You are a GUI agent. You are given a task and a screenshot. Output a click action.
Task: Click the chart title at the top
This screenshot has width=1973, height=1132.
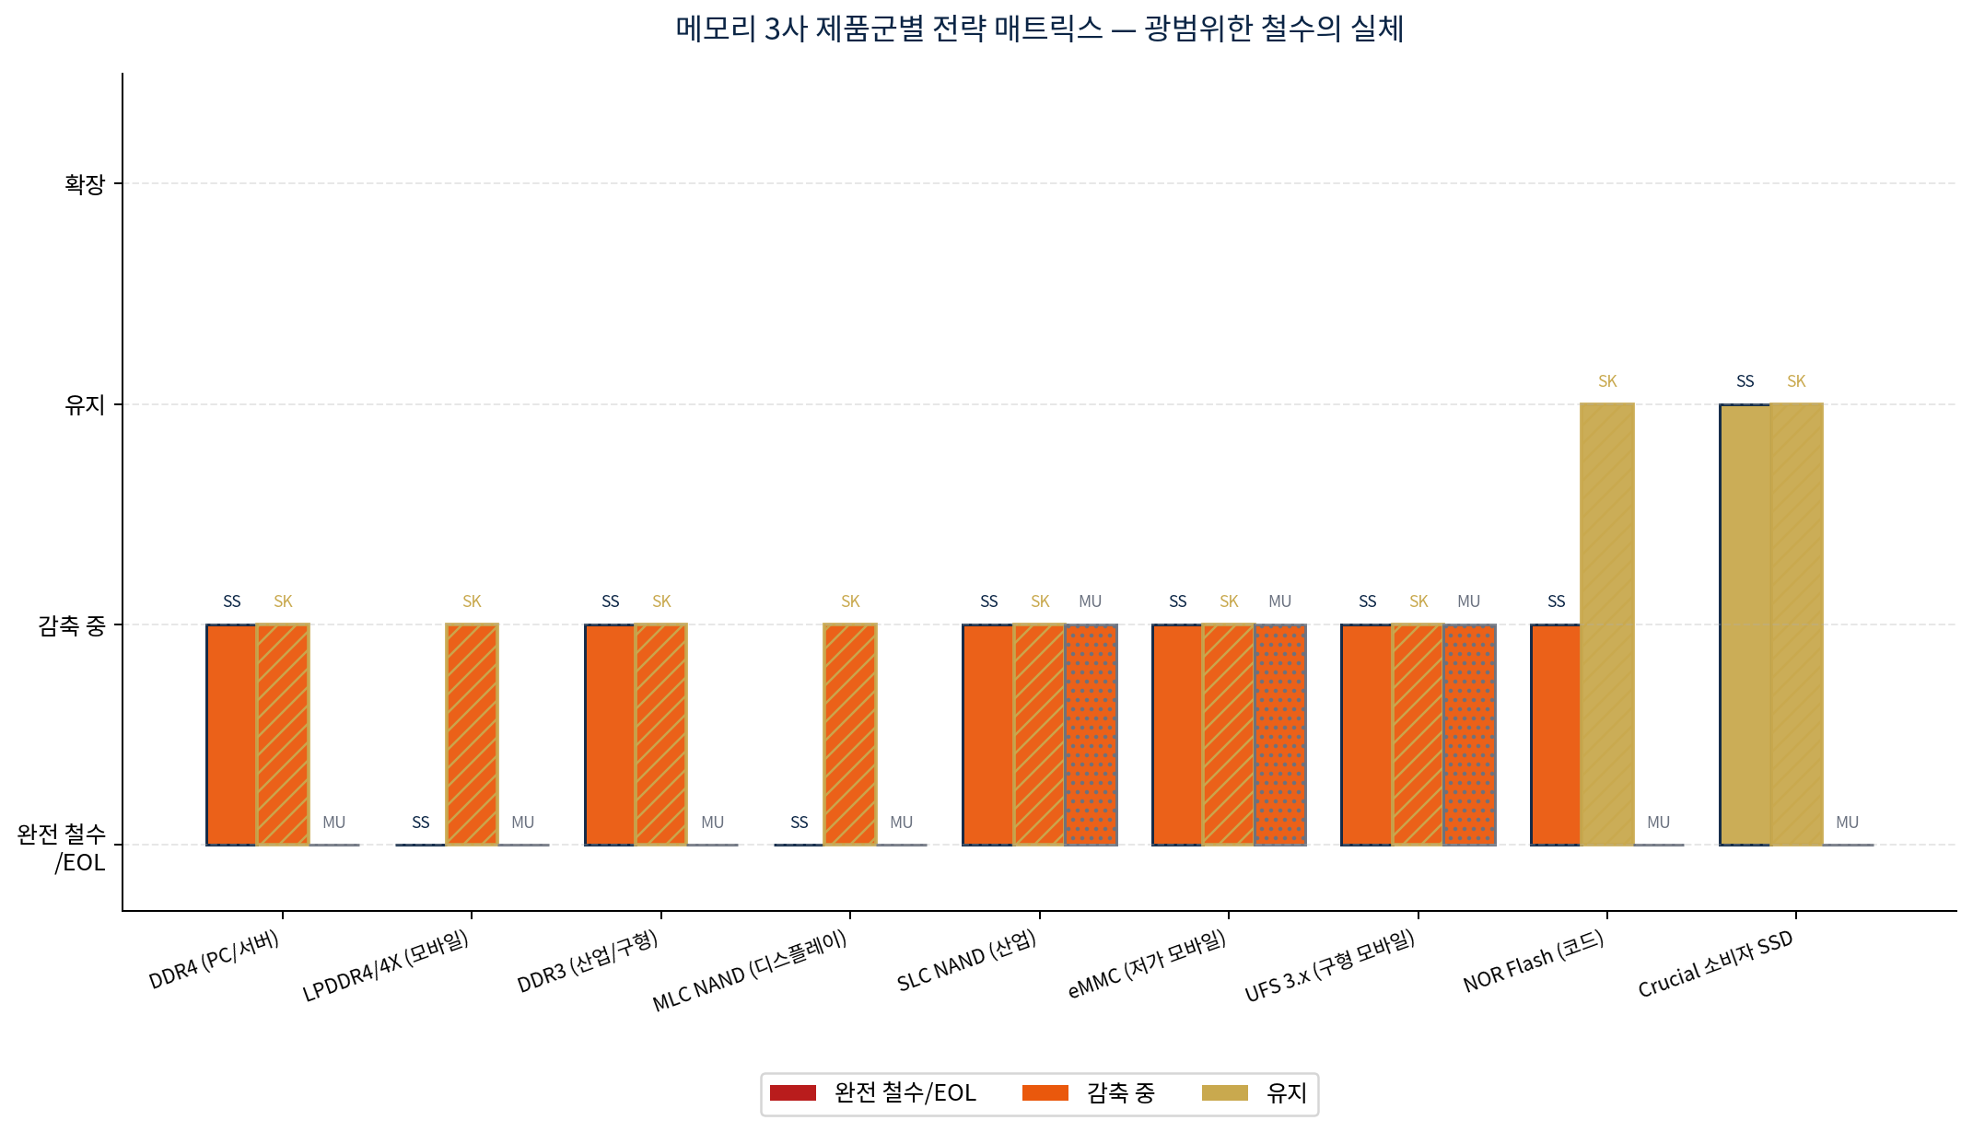point(1039,29)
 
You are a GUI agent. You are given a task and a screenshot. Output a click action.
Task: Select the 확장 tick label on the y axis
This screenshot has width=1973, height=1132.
point(85,184)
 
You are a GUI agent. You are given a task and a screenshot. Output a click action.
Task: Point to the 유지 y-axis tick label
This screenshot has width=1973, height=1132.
point(85,405)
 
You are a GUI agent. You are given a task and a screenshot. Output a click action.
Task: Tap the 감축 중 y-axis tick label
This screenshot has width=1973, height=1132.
point(72,626)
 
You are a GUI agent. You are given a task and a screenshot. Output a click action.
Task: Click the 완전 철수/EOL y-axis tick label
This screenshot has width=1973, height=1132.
point(62,847)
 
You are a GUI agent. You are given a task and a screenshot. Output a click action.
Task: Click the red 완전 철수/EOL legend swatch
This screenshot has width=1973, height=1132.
point(793,1093)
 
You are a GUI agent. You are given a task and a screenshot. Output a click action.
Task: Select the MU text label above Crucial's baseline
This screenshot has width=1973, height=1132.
point(1847,823)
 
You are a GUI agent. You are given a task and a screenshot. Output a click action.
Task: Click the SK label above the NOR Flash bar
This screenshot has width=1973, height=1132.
point(1607,381)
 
